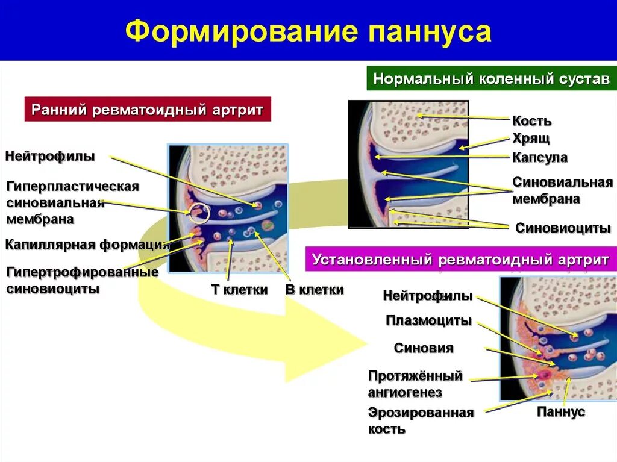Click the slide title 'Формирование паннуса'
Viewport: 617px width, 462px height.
(308, 31)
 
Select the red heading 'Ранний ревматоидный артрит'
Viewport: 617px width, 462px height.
(148, 110)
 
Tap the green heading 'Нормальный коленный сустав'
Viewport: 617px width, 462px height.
(491, 79)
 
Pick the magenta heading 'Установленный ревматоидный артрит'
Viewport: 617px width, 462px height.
(460, 260)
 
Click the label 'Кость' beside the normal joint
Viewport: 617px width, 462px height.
(531, 120)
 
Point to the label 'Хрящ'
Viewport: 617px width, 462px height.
(531, 139)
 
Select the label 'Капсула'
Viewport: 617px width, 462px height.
(540, 157)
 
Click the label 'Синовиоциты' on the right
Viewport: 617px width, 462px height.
(563, 228)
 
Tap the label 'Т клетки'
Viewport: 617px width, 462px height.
(239, 290)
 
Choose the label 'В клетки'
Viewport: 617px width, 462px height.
(314, 290)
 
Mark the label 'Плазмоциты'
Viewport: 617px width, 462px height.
(428, 320)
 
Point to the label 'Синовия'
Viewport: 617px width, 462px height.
(423, 348)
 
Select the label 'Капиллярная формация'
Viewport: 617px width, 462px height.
(87, 244)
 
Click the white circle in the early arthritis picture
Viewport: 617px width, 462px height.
(199, 212)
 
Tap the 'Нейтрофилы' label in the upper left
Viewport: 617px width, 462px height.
(50, 157)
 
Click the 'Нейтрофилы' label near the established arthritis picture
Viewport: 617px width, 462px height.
(427, 296)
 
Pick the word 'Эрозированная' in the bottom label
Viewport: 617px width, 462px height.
(421, 413)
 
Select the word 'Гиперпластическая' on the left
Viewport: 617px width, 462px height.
(73, 186)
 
